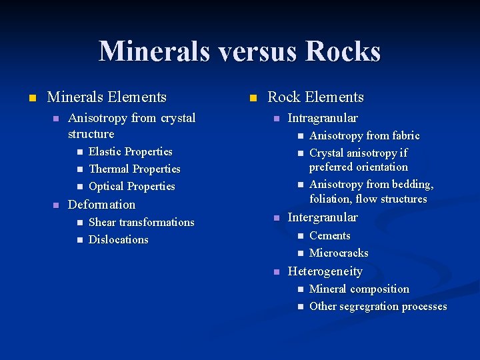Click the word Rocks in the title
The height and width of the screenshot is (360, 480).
point(344,52)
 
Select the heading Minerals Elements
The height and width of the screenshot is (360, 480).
point(107,97)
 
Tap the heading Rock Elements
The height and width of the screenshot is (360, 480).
point(315,97)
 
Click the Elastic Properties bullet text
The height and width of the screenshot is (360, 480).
point(130,152)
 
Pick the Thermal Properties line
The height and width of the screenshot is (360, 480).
point(134,169)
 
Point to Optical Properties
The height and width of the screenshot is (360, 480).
point(131,187)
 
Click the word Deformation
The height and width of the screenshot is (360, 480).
point(101,205)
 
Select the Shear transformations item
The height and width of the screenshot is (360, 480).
point(141,223)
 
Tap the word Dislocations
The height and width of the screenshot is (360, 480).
point(118,240)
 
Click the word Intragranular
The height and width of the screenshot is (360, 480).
point(322,118)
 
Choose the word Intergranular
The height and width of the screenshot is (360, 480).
point(322,217)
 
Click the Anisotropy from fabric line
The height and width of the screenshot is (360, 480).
point(364,136)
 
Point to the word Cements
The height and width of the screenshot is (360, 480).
point(329,236)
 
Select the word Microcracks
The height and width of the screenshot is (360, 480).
point(339,253)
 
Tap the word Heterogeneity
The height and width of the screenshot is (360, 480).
point(325,271)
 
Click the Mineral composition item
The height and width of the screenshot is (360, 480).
point(359,289)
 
